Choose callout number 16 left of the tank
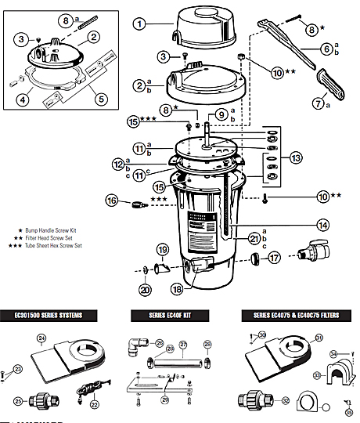point(112,201)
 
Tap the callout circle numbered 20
point(146,290)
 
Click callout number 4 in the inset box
point(23,99)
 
